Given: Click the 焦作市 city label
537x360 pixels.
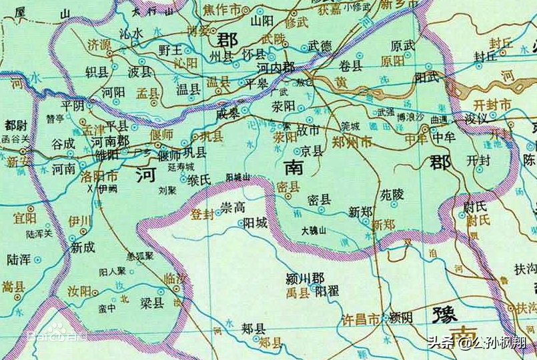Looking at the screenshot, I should pos(223,10).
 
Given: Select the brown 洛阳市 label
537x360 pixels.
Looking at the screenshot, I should pos(99,176).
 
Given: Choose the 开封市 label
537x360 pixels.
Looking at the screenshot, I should pos(491,105).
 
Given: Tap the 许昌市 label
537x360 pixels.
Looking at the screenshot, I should pos(360,320).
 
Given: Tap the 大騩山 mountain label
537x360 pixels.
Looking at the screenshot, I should pos(314,230).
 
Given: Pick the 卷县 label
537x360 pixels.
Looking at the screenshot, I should pos(352,65).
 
